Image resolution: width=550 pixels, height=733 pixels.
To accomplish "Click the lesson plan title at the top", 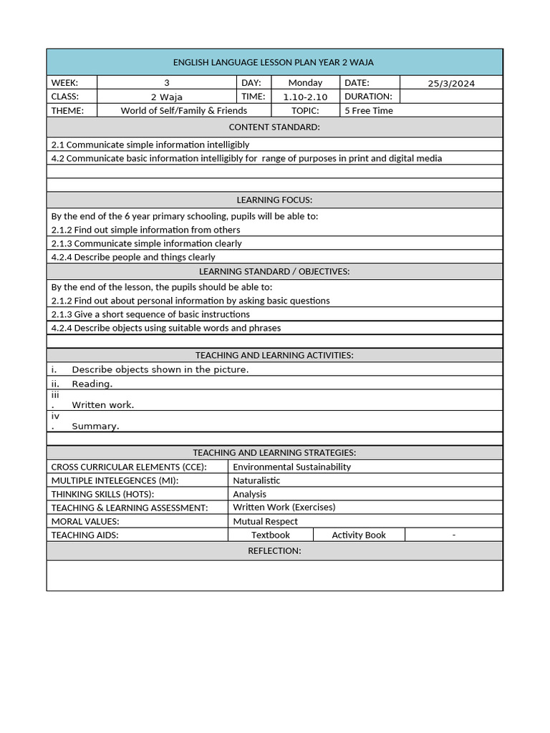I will (274, 62).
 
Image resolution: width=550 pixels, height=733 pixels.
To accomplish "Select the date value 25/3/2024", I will (451, 83).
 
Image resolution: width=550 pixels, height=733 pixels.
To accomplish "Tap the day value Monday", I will (305, 83).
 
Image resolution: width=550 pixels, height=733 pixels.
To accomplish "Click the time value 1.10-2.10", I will (305, 97).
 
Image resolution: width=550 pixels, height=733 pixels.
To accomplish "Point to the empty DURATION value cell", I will (451, 97).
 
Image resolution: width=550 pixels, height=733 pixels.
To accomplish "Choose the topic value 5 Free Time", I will (369, 110).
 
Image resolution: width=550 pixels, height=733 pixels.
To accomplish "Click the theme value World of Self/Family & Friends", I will (183, 110).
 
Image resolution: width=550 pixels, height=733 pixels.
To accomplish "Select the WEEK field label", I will (64, 83).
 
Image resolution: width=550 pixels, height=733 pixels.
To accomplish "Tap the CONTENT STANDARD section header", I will (274, 127).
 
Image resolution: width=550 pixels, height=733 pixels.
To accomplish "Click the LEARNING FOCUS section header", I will (274, 200).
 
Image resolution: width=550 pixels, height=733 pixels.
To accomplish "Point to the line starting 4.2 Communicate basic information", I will (246, 158).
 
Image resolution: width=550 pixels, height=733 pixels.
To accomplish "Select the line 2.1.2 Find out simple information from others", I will (146, 230).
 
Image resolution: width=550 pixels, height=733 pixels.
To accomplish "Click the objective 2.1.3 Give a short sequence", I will (150, 314).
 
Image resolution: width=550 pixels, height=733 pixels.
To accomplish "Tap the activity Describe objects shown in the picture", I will (160, 370).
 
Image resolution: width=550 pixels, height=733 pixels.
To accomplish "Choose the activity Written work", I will (102, 405).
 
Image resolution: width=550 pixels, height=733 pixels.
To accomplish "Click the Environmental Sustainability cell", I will (291, 467).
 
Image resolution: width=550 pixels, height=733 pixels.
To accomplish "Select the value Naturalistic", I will (256, 480).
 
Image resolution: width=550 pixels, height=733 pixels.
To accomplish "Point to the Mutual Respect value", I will (265, 521).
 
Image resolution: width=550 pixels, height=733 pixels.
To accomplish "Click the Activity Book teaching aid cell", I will (359, 535).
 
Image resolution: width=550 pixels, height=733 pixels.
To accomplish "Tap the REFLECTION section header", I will (274, 550).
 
